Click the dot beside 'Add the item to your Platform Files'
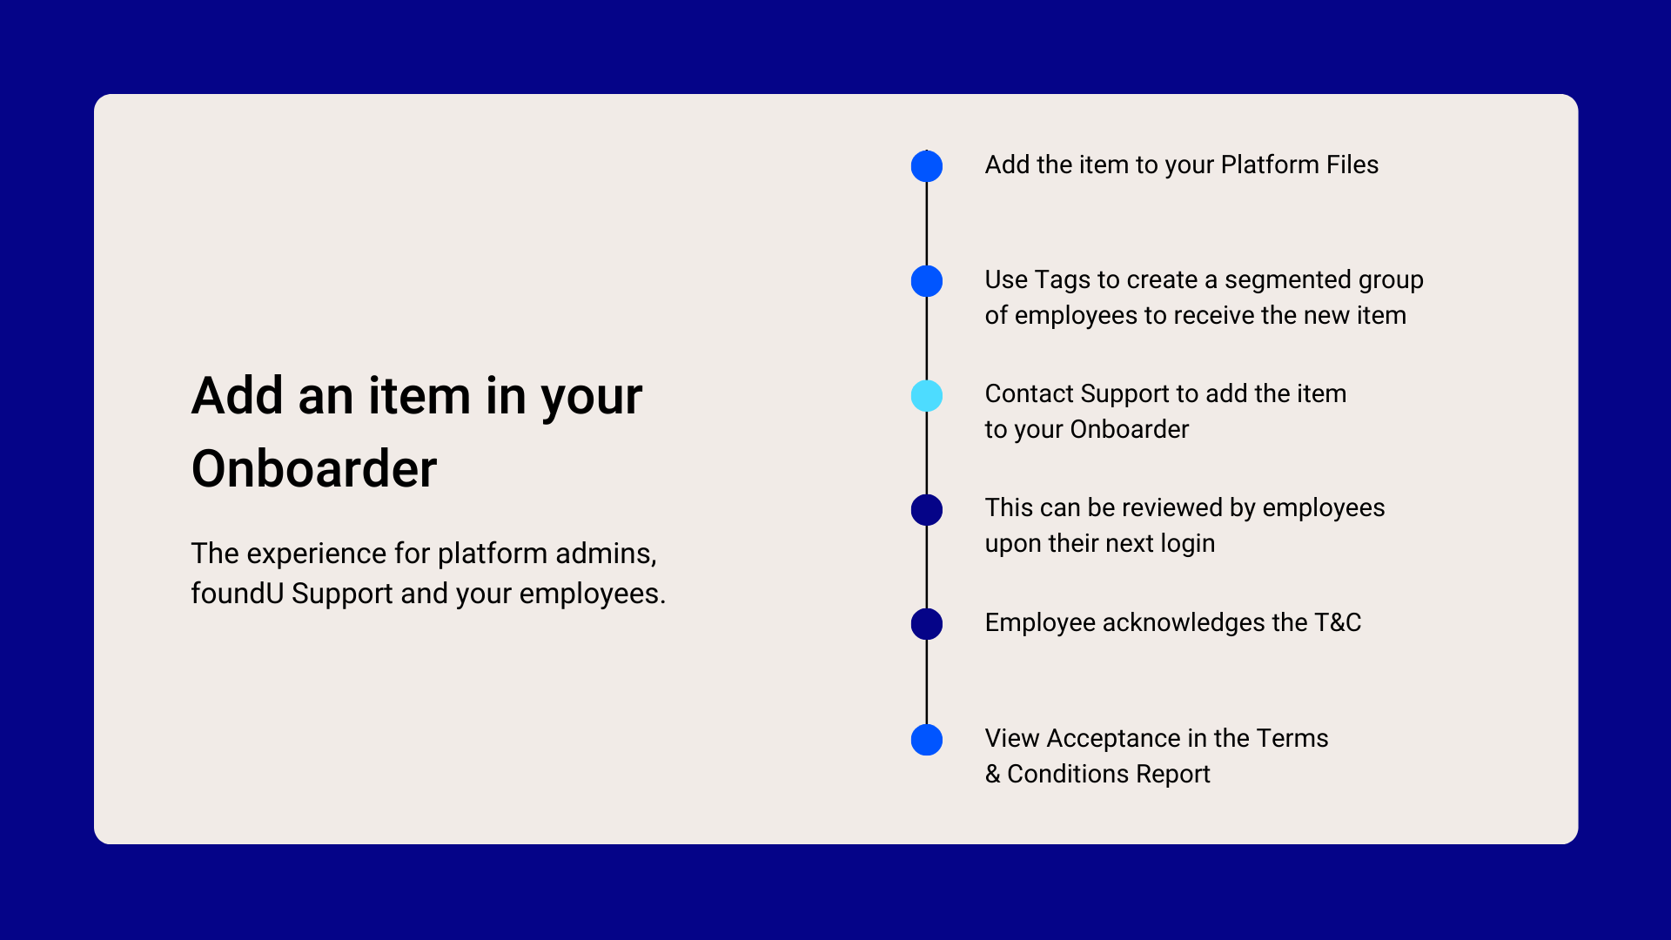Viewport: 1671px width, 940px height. point(927,166)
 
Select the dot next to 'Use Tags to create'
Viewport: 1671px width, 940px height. point(927,281)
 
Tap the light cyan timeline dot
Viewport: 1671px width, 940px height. point(927,396)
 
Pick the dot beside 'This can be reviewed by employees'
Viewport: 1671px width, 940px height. point(927,510)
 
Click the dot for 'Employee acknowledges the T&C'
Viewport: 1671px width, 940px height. point(927,624)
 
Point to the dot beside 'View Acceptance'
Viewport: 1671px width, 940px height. point(927,740)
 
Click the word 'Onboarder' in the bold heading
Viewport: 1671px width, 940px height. point(314,469)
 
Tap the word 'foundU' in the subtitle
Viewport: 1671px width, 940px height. point(238,594)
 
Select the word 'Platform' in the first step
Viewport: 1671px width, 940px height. point(1270,164)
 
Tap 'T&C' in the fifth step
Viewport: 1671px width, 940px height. point(1338,622)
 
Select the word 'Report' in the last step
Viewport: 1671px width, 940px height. point(1173,774)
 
